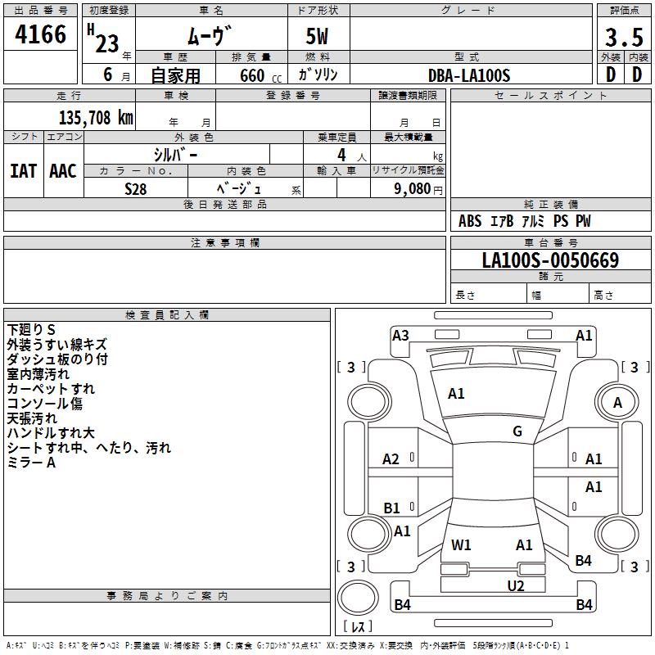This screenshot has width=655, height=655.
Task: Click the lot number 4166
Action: tap(41, 34)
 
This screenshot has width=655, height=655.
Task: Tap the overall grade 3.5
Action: tap(623, 36)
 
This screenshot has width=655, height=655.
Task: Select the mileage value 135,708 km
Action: tap(96, 118)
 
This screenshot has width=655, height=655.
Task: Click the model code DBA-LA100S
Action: tap(468, 75)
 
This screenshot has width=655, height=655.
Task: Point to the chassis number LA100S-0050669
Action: tap(550, 260)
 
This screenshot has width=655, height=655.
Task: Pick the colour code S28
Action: tap(136, 188)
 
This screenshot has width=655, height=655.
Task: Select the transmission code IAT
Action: tap(23, 170)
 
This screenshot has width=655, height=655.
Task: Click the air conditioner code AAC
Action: tap(63, 170)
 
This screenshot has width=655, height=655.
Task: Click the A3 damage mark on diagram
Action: tap(400, 335)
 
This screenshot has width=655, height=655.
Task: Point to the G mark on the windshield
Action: tap(517, 431)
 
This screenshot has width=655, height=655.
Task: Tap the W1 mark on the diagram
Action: tap(461, 544)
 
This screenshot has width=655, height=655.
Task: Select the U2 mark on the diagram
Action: tap(515, 585)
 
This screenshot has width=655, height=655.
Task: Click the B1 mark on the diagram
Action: tap(392, 508)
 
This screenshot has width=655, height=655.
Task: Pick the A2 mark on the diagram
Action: tap(391, 459)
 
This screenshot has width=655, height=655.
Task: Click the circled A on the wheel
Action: tap(617, 402)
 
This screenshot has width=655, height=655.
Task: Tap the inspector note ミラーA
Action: tap(31, 463)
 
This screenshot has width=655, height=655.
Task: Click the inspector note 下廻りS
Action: tap(31, 330)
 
